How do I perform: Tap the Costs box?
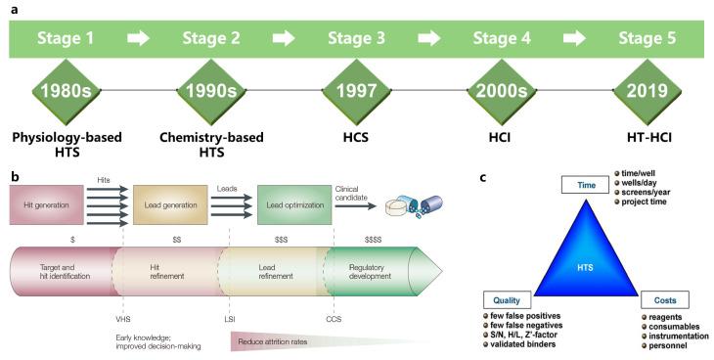[667, 301]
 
